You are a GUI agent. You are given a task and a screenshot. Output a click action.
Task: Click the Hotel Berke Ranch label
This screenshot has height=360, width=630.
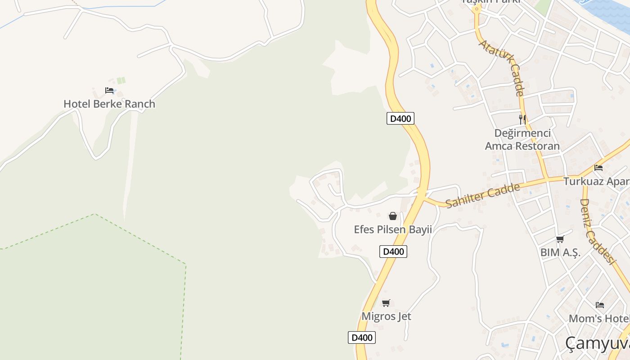(x=109, y=104)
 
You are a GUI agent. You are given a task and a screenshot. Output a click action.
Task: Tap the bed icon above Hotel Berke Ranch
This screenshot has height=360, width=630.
(x=109, y=90)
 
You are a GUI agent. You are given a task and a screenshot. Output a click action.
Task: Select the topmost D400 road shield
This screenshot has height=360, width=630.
(x=400, y=119)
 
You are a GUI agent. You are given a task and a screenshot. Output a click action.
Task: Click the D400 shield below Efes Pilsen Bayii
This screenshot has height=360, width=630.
(x=393, y=252)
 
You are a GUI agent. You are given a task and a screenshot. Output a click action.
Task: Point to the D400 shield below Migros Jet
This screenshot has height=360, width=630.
(x=362, y=337)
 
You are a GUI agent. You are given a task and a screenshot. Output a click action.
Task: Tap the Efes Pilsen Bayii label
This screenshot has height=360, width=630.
(x=393, y=229)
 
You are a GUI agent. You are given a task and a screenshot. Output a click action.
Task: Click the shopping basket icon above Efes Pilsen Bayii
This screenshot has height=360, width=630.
(x=393, y=216)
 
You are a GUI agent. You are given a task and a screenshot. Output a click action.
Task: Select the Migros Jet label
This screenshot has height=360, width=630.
(x=386, y=316)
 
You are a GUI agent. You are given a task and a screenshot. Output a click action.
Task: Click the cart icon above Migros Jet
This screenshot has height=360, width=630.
(x=386, y=303)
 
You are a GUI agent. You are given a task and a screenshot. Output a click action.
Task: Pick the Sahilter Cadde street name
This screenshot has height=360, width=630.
(x=482, y=195)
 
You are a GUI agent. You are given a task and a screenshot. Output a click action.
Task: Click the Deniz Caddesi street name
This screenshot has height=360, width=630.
(x=597, y=231)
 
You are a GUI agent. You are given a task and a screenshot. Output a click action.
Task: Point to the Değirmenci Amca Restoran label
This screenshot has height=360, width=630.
(x=522, y=139)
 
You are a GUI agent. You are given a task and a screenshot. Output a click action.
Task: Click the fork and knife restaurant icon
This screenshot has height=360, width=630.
(x=522, y=120)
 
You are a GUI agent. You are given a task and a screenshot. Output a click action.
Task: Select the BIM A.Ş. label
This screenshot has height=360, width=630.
(x=560, y=252)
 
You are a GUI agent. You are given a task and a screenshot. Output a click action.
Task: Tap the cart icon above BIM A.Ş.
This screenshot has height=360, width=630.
(x=560, y=239)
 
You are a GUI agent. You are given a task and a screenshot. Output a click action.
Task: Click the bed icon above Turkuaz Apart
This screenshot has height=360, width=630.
(x=598, y=168)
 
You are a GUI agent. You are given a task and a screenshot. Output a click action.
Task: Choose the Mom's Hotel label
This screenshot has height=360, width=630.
(x=599, y=319)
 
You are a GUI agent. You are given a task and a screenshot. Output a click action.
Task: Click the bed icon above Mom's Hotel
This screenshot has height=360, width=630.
(x=600, y=305)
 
